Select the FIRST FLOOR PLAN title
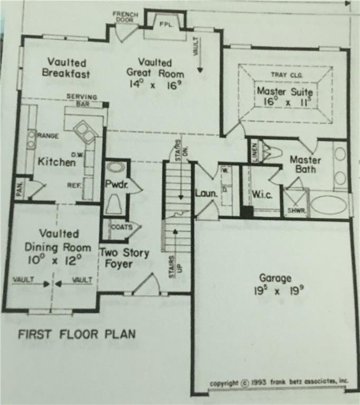point(77,334)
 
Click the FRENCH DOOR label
point(125,17)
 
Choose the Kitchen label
point(56,162)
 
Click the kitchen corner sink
point(84,131)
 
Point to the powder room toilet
point(114,204)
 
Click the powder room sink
point(115,168)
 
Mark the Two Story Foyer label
point(124,258)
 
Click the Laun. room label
point(206,194)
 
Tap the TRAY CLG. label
point(285,75)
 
